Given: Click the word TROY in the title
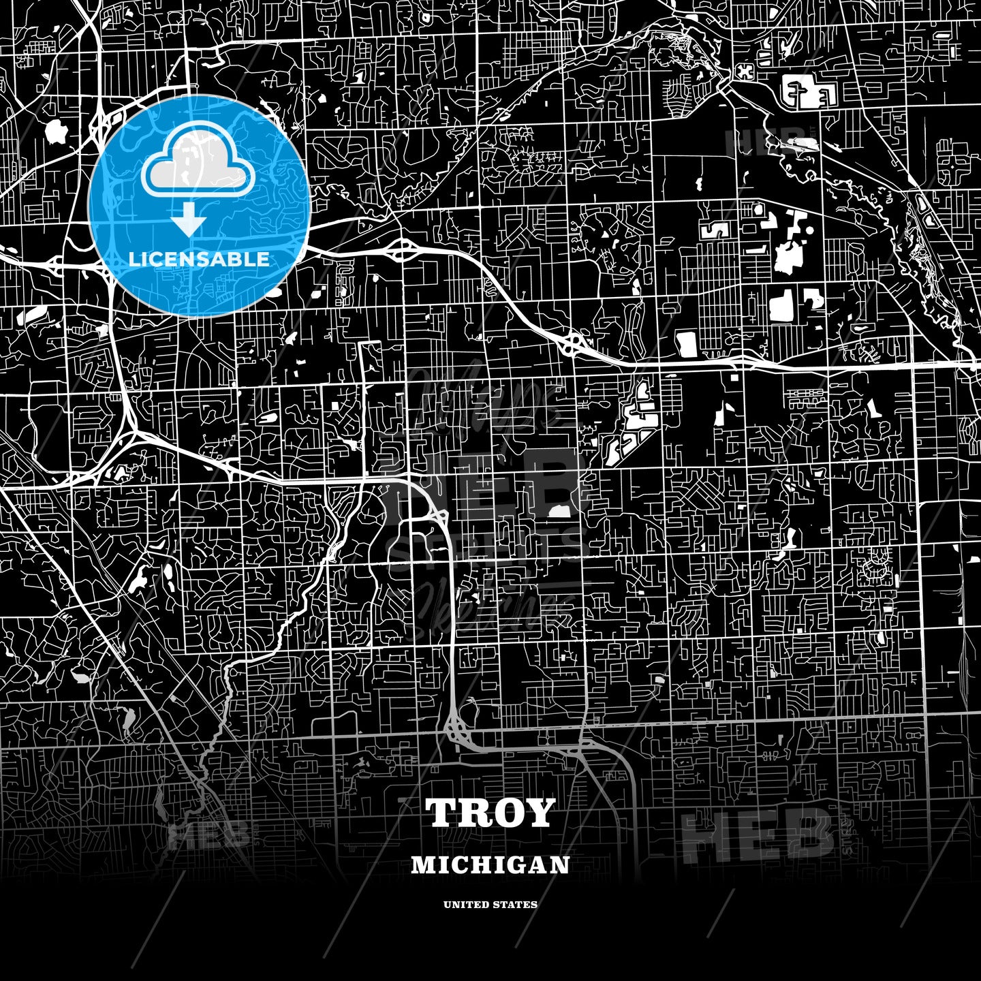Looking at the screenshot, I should pos(490,813).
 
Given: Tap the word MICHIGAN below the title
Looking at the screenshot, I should pos(490,865).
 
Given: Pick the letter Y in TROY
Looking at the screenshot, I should pos(539,813).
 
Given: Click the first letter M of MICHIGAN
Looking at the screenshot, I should pos(420,865).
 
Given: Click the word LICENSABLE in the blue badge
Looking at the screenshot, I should pos(198,259).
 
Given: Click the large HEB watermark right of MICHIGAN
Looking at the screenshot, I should pos(756,835).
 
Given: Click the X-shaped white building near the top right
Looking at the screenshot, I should pos(745,71).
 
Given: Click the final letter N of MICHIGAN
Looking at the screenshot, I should pos(563,865).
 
